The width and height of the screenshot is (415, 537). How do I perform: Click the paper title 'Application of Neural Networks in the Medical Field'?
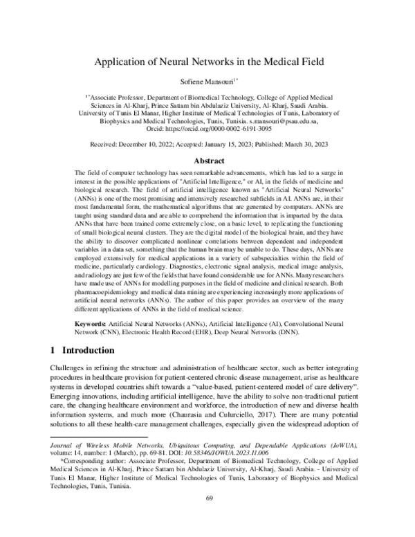click(207, 61)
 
